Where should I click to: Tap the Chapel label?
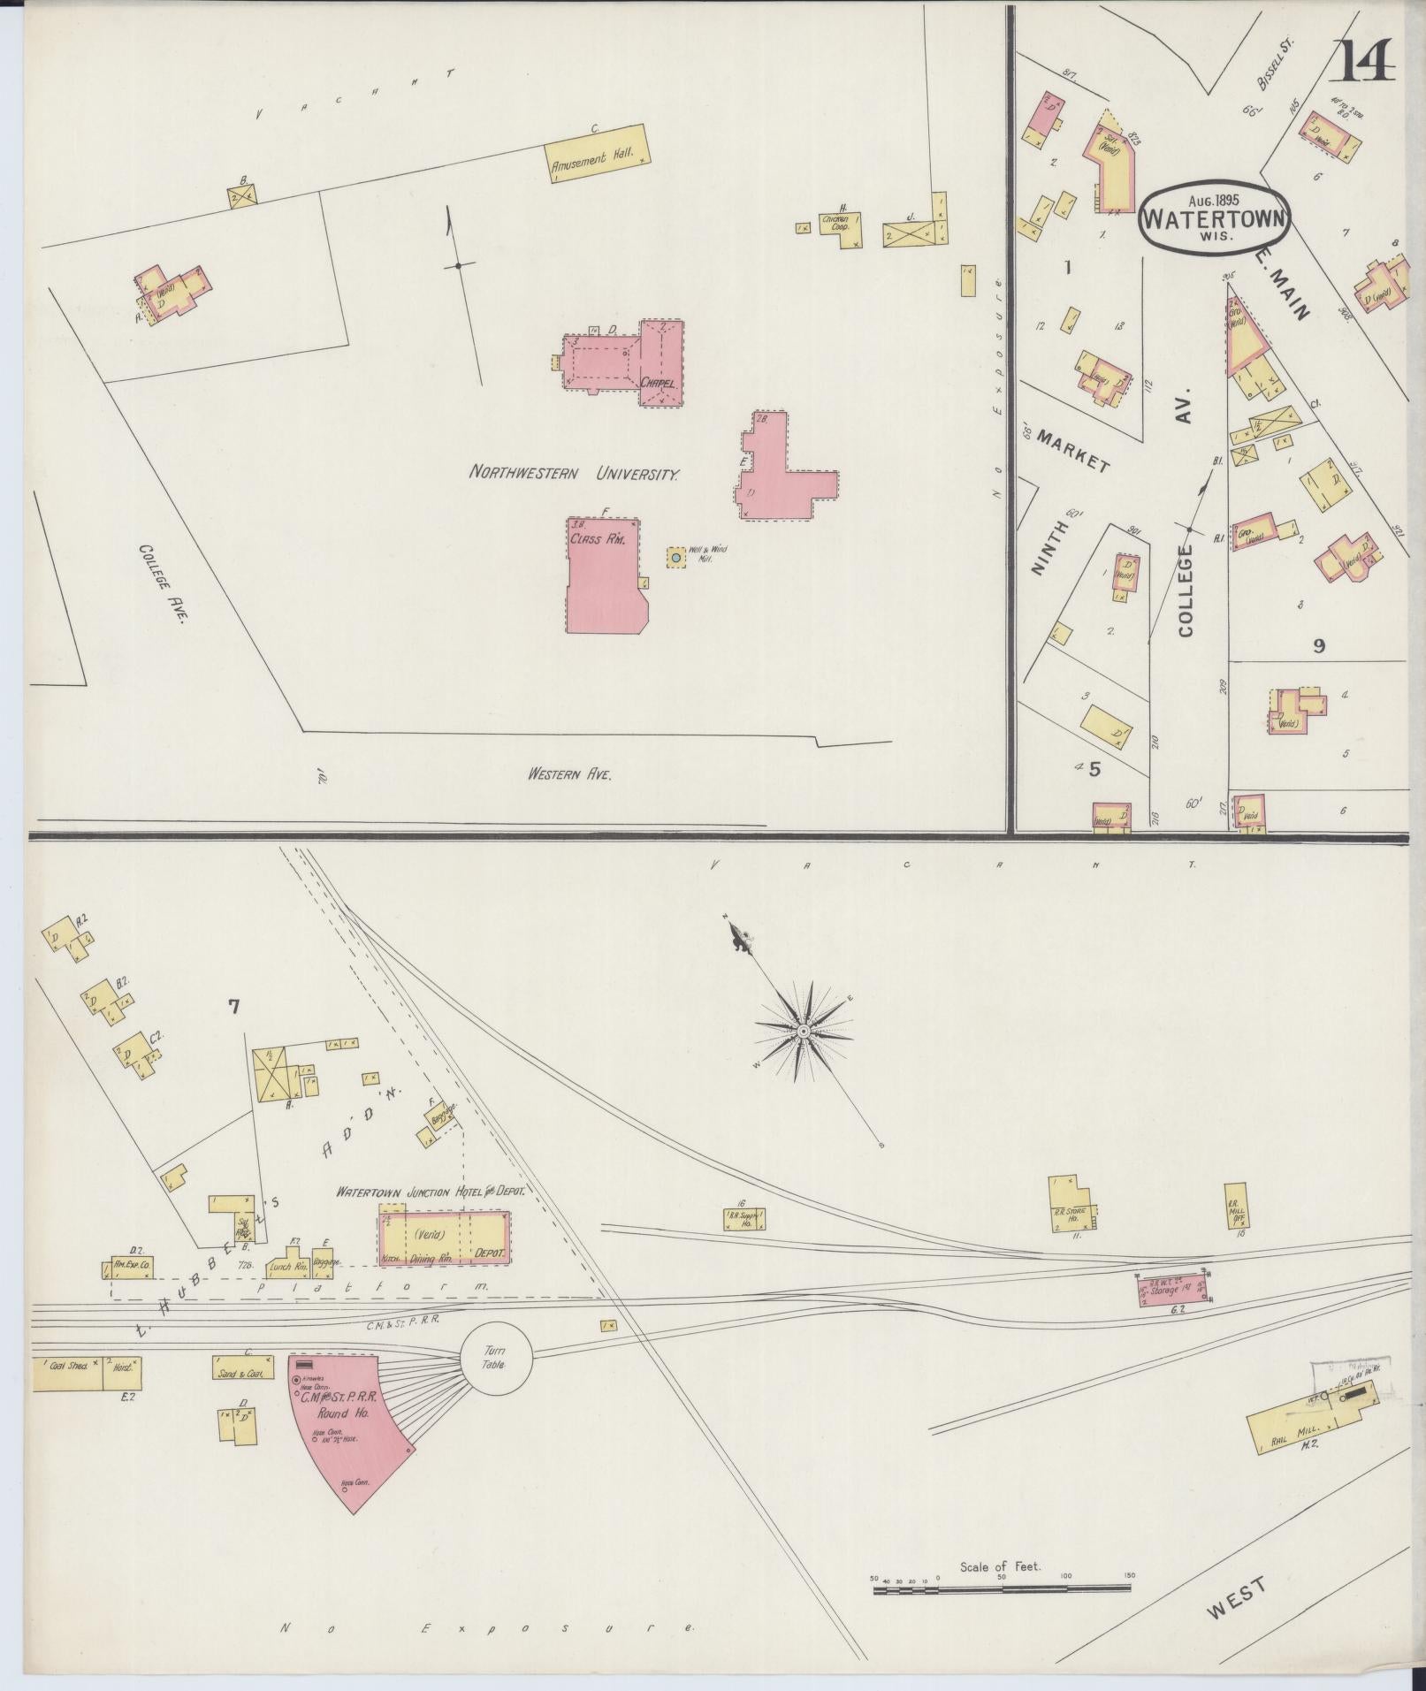tap(659, 384)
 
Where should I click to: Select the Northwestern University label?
tap(574, 473)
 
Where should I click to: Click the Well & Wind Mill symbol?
tap(676, 558)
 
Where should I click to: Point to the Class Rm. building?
tap(604, 575)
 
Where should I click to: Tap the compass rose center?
tap(804, 1032)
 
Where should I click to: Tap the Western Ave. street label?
tap(569, 774)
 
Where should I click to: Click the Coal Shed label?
tap(66, 1390)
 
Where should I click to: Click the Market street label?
tap(1072, 450)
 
